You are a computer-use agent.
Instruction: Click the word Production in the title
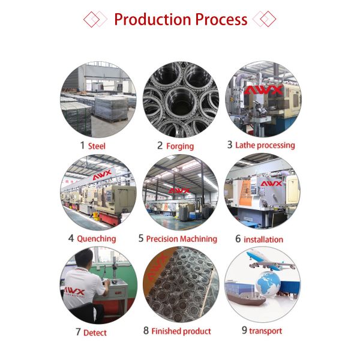152,19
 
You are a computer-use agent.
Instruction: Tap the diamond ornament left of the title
95,19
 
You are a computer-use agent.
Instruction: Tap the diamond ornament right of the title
264,19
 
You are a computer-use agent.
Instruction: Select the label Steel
97,146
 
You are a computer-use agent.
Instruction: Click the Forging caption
180,146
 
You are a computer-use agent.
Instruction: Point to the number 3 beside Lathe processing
230,145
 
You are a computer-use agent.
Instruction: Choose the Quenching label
97,239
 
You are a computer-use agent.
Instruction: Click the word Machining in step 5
199,239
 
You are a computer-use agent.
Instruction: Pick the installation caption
263,239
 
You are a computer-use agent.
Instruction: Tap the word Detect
95,332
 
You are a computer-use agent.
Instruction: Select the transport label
266,331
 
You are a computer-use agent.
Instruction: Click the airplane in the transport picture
270,261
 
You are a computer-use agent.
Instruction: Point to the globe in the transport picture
268,283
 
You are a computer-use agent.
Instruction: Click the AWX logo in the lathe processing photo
263,91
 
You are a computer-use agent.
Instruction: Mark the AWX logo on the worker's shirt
74,292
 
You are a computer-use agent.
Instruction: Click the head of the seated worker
84,258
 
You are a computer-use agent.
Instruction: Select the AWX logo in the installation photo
271,184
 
